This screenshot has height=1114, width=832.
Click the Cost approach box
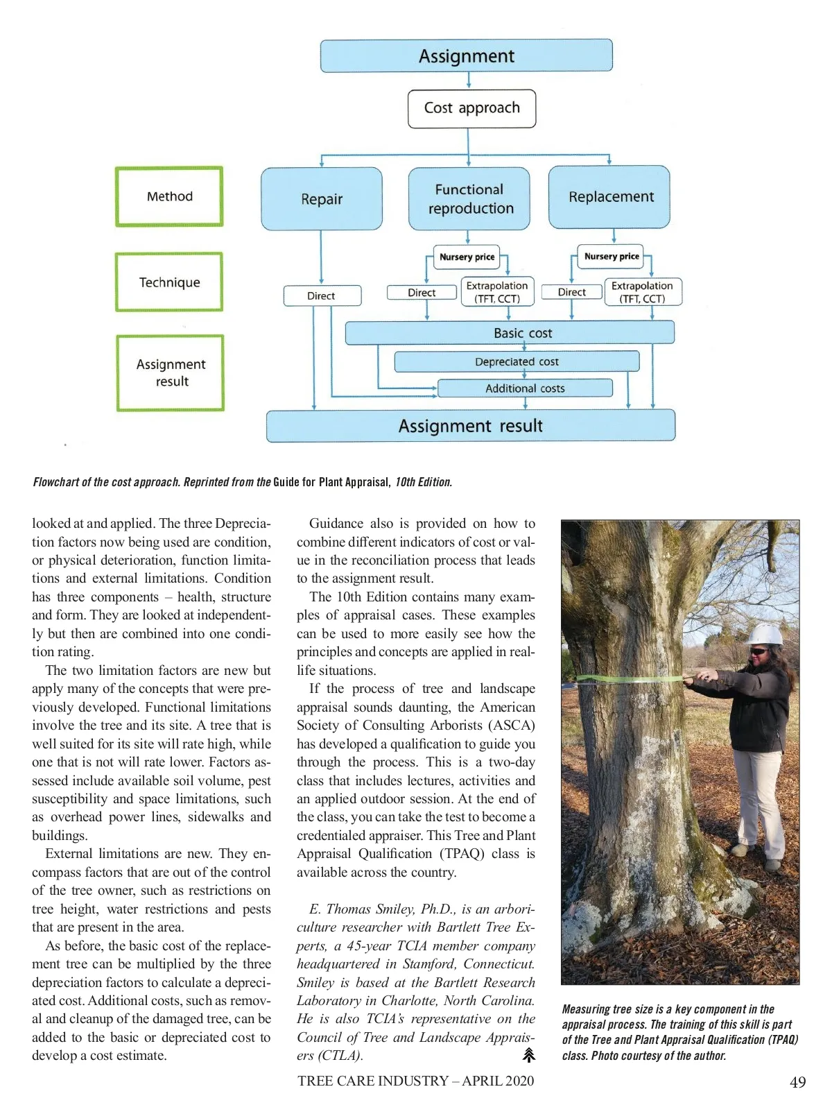click(471, 109)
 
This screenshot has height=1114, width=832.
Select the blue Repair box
click(322, 199)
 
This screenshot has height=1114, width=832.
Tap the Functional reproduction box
click(469, 199)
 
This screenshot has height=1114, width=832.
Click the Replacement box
click(609, 197)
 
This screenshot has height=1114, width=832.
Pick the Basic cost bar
click(510, 333)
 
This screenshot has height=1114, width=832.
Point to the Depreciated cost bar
click(517, 361)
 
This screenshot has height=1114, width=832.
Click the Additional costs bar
click(525, 388)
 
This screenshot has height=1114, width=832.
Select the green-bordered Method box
click(169, 197)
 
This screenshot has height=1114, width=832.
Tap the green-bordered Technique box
click(169, 282)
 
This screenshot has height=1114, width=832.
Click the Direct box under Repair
click(322, 295)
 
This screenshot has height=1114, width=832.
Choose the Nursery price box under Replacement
click(611, 257)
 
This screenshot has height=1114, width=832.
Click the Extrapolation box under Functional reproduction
click(497, 292)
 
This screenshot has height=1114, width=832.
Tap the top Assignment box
click(467, 56)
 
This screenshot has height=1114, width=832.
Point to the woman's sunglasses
click(760, 651)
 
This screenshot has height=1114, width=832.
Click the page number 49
click(797, 1082)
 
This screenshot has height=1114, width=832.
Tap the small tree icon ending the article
click(528, 1056)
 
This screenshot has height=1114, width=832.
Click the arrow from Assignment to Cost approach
click(469, 80)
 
